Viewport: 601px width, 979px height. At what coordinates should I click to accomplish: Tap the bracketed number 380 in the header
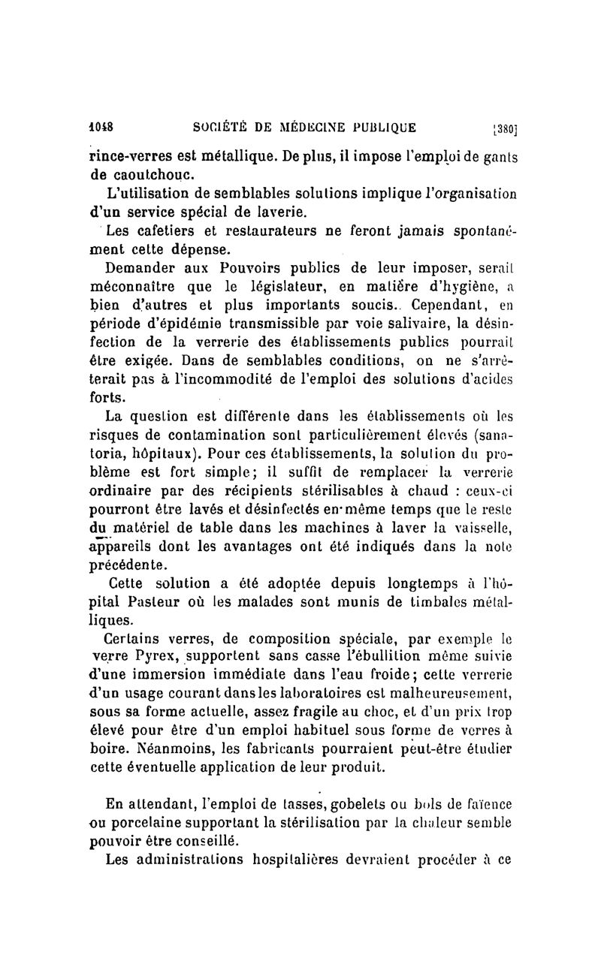click(x=503, y=128)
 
